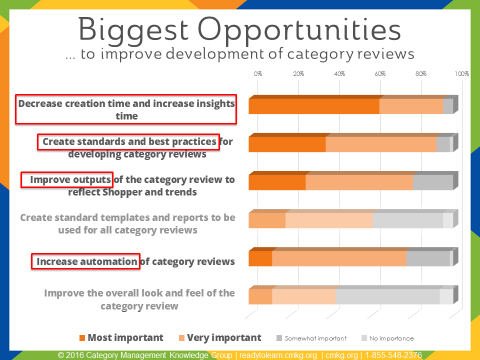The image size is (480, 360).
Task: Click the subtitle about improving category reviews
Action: (x=240, y=53)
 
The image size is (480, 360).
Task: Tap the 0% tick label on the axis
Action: (x=258, y=74)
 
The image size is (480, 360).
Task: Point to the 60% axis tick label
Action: (x=380, y=74)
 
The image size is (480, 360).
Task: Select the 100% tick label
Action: (x=461, y=74)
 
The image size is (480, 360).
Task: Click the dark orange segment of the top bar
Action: (x=314, y=105)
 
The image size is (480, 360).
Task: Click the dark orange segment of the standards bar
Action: (x=287, y=143)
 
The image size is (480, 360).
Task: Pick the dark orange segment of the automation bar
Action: (x=260, y=258)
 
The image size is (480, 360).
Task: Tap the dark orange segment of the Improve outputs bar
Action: (x=277, y=181)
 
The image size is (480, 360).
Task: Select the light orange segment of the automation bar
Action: (x=339, y=258)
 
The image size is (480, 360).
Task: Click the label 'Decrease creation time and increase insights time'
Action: (x=125, y=108)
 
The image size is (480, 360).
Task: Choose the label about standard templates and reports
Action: (x=127, y=223)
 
